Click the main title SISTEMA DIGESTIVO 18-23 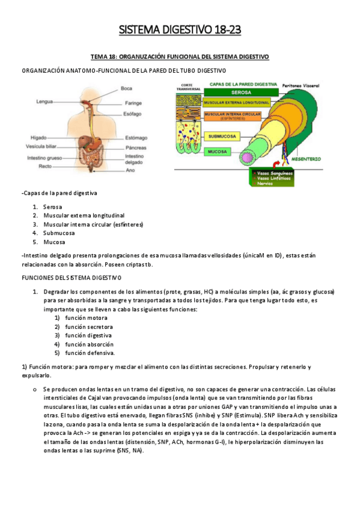(x=180, y=29)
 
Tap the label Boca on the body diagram (x=126, y=88)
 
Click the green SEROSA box (x=240, y=93)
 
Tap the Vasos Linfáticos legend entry (x=274, y=178)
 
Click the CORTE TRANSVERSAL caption (x=186, y=87)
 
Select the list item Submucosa (x=59, y=233)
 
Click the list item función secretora (x=88, y=327)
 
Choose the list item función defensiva (x=90, y=353)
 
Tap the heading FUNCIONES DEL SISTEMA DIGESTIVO (x=72, y=277)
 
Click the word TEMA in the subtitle (x=99, y=57)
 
